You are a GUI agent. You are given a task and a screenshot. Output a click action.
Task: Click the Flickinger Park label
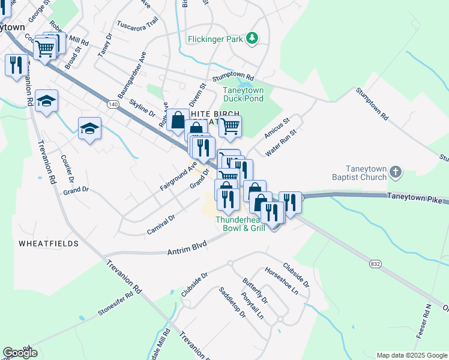(214, 39)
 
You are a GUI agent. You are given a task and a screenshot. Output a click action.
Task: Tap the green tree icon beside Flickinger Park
(253, 38)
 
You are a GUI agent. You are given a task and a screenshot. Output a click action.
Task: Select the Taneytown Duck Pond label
(243, 94)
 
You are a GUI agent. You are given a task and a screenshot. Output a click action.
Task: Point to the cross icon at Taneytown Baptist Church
(395, 173)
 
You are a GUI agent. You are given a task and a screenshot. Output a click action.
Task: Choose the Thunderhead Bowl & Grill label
(240, 224)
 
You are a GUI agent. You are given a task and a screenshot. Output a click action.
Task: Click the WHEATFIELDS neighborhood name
(49, 244)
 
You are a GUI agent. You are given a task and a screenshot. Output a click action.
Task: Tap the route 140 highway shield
(113, 104)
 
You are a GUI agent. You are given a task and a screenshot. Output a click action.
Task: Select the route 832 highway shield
(375, 262)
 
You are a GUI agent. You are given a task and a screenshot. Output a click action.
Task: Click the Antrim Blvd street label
(186, 248)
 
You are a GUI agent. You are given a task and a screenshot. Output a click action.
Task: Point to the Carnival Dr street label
(160, 225)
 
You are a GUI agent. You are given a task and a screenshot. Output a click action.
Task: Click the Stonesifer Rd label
(115, 305)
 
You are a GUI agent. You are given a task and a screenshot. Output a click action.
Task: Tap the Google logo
(20, 353)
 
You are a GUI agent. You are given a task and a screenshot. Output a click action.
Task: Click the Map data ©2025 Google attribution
(411, 355)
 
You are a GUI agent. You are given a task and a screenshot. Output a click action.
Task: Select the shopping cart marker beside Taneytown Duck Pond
(230, 127)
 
